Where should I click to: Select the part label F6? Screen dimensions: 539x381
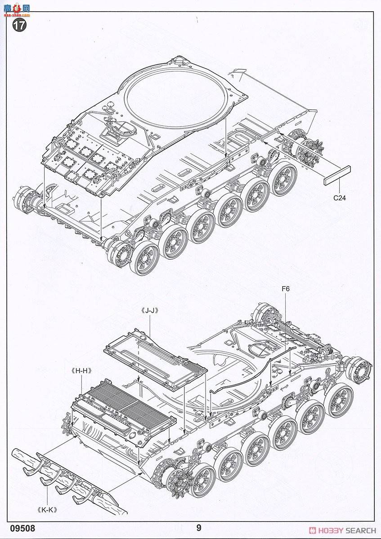(x=286, y=289)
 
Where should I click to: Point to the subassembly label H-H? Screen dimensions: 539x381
(x=81, y=371)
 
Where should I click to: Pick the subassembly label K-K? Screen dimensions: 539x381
(x=49, y=510)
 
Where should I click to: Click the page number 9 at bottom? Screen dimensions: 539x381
(x=198, y=528)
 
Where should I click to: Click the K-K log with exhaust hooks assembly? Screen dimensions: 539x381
(x=72, y=481)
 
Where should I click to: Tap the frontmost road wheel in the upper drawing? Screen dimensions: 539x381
(x=145, y=258)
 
